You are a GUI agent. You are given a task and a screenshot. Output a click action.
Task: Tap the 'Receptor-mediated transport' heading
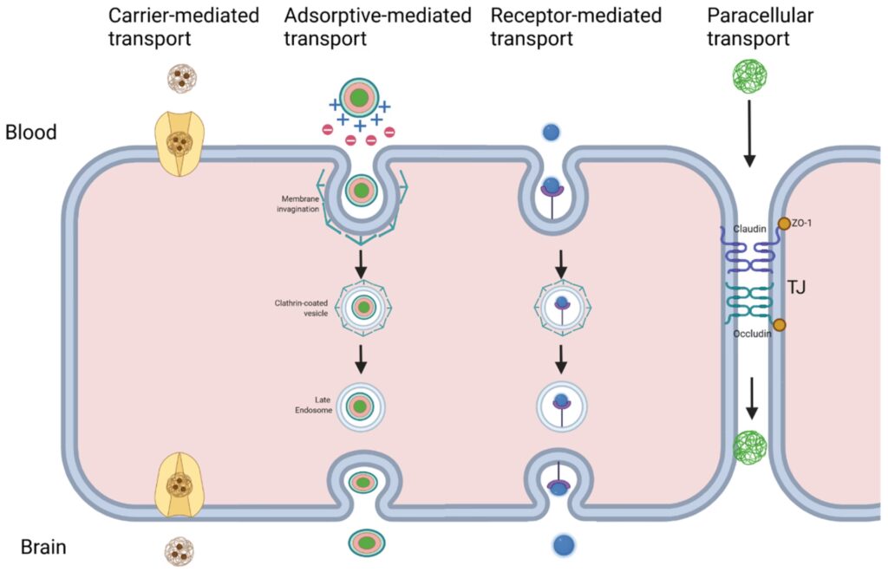coord(575,27)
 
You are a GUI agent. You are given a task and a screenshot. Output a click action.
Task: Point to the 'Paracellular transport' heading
coord(748,27)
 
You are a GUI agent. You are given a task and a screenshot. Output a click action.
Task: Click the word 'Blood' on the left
coord(30,133)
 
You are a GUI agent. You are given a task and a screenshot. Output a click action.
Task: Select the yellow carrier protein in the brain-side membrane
coord(180,484)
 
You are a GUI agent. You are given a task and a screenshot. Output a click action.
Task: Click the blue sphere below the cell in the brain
coord(561,545)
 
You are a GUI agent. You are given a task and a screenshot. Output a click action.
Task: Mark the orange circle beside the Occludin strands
coord(780,325)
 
